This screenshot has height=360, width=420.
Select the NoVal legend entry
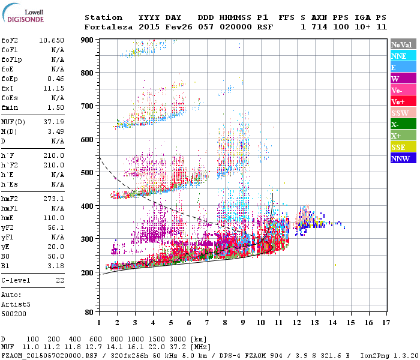pos(403,44)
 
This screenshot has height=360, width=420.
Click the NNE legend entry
pos(403,56)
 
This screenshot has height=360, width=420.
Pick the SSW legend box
pos(403,113)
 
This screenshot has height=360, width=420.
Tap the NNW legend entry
pos(403,158)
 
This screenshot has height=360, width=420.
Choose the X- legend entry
pos(403,124)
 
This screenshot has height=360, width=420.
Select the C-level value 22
pos(59,280)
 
